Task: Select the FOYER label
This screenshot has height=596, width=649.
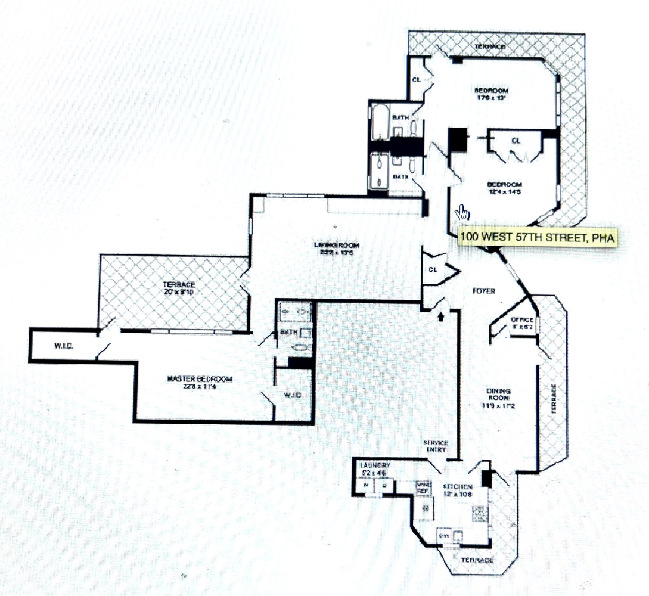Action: point(485,291)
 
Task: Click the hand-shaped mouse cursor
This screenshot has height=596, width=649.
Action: point(462,213)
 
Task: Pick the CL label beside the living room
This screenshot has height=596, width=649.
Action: point(433,270)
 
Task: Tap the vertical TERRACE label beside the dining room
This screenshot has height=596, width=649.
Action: point(554,399)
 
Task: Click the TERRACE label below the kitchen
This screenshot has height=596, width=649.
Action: point(478,560)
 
